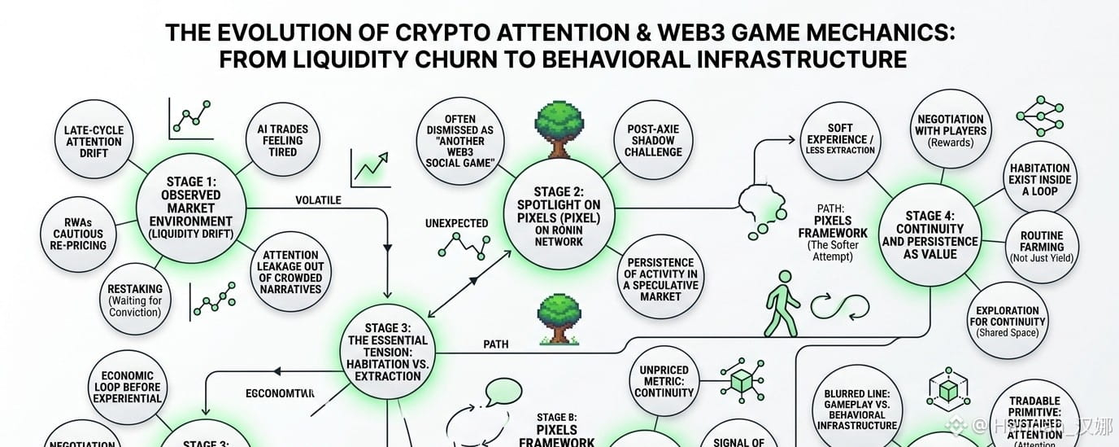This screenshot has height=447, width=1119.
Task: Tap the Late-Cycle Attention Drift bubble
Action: pos(94,141)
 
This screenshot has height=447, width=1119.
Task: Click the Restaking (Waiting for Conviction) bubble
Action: pos(135,300)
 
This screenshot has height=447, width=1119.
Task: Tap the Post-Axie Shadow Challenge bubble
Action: pos(653,140)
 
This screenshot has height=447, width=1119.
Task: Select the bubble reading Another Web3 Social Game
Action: pos(467,141)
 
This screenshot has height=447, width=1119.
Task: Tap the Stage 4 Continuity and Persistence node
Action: pos(930,234)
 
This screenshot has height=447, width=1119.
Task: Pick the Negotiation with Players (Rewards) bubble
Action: pos(951,130)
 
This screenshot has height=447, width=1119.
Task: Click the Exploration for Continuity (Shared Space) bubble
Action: pos(1008,321)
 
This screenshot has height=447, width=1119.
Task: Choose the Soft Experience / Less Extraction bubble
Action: pos(840,139)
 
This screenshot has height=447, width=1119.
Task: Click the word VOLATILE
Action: pos(318,199)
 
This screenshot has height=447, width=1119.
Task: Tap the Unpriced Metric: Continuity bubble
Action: pos(664,381)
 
